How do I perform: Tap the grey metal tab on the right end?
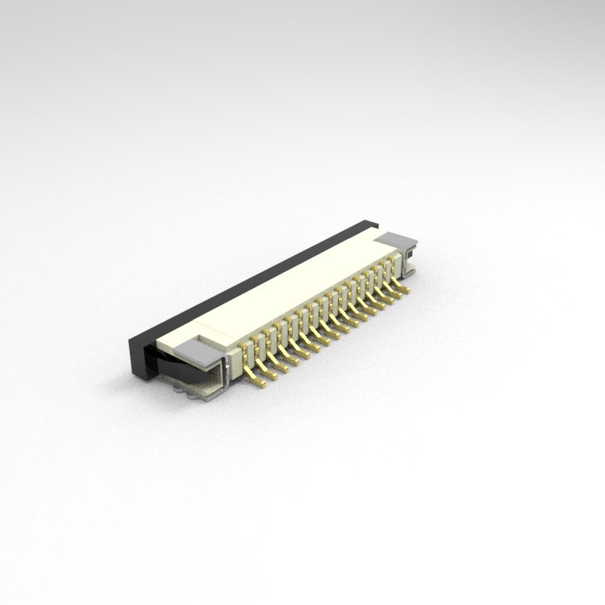point(396,240)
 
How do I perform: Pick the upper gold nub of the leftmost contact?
point(248,347)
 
